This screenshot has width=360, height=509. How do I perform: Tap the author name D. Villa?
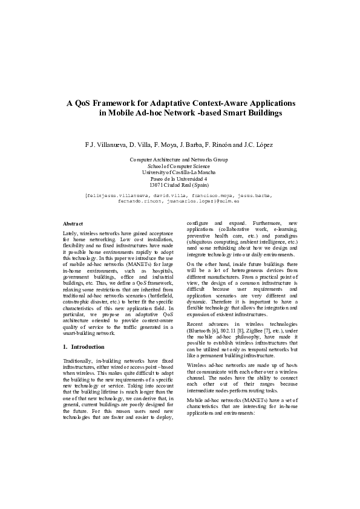click(139, 145)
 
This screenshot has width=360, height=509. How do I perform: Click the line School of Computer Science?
click(179, 166)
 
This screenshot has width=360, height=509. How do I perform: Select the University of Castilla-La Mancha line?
click(179, 172)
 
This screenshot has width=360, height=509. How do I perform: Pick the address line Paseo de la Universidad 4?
click(179, 179)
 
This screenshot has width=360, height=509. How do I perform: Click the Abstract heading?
click(73, 224)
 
